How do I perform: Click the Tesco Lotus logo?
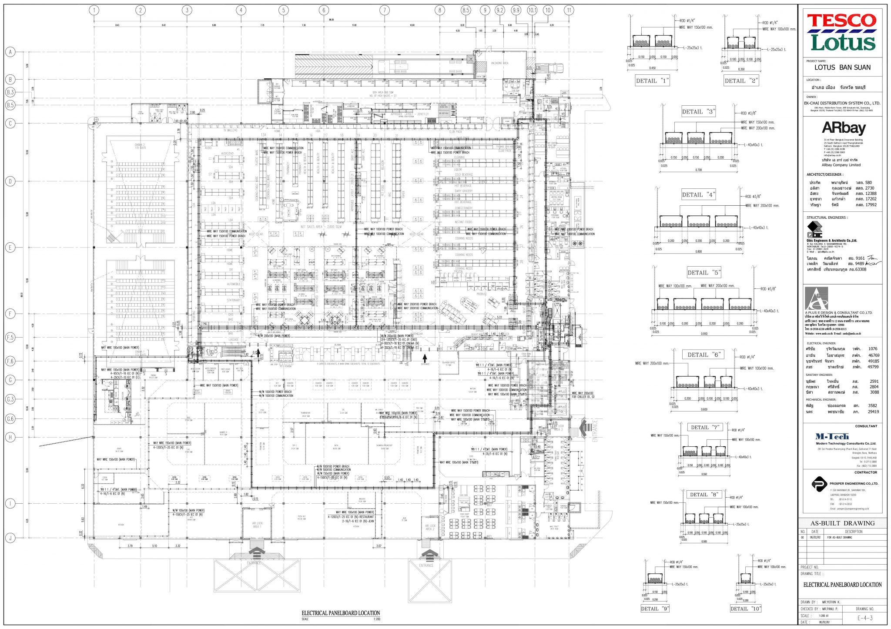[842, 32]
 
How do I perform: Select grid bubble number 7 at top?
[384, 10]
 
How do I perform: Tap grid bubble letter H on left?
[10, 437]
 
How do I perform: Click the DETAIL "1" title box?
[652, 80]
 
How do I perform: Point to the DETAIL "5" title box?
[703, 273]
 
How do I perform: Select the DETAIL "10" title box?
[745, 609]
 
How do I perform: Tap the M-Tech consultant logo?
[831, 436]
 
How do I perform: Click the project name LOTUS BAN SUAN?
[842, 67]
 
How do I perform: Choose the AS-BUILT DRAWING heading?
[842, 523]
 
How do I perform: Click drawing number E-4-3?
[865, 618]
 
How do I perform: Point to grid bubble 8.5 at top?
[466, 10]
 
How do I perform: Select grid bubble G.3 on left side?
[10, 399]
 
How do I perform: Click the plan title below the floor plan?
[341, 613]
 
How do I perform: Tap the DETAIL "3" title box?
[698, 112]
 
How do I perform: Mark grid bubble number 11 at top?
[569, 10]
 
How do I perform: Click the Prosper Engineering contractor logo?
[820, 484]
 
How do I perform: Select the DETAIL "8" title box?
[703, 495]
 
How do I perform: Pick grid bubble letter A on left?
[10, 52]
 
